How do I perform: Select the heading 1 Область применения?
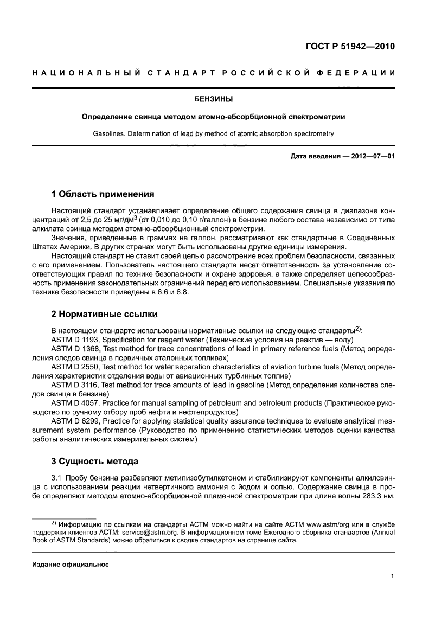103,194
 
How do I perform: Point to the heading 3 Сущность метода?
94,461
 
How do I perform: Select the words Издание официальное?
71,564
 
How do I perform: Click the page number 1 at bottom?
392,577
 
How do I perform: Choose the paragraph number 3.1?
57,477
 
